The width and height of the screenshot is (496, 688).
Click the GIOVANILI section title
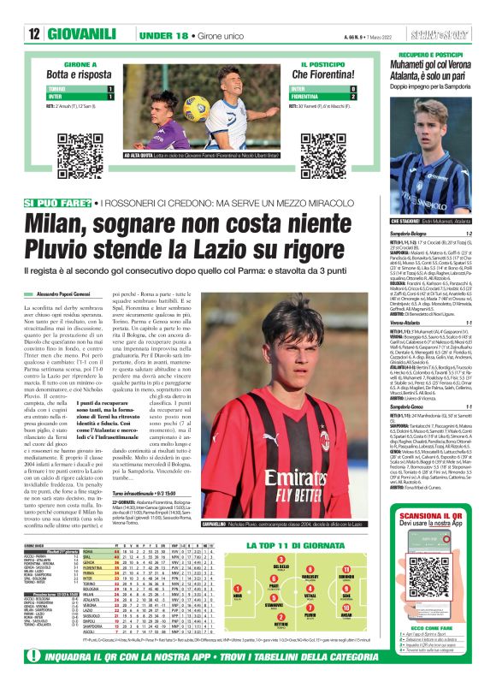(x=82, y=33)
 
